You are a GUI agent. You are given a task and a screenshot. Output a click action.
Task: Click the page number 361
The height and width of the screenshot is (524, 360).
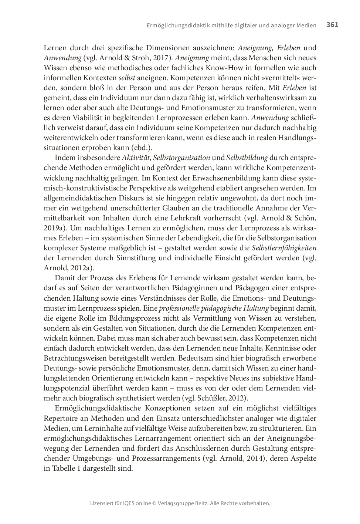click(x=332, y=25)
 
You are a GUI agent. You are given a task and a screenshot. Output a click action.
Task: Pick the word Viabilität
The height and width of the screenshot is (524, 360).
click(x=86, y=118)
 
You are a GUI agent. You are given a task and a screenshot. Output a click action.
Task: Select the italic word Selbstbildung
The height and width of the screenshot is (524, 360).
click(x=247, y=158)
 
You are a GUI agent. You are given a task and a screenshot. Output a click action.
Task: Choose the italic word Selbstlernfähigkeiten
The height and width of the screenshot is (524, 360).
click(x=281, y=248)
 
